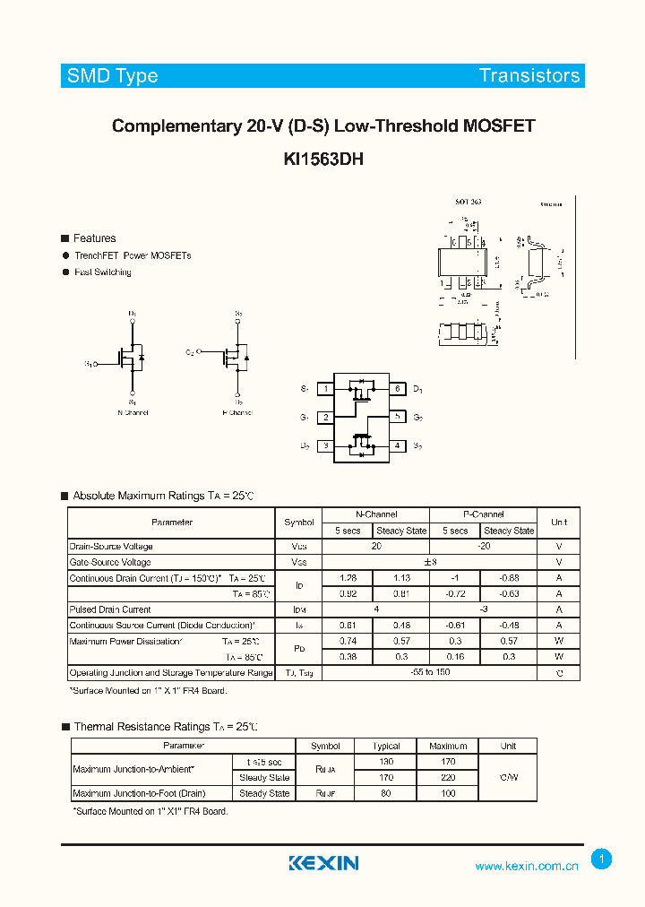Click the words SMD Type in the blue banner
[112, 76]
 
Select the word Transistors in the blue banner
[529, 76]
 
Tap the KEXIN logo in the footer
[323, 863]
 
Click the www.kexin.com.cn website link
[527, 866]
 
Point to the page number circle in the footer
[602, 859]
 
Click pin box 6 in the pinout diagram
[397, 389]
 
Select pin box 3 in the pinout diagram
[326, 445]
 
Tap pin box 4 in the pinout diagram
[397, 445]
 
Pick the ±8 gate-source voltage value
[428, 562]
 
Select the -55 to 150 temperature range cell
[428, 672]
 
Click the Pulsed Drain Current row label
[110, 609]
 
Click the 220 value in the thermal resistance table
[447, 778]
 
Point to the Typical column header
[385, 746]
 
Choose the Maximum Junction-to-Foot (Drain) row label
[140, 793]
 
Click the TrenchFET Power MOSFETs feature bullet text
[133, 255]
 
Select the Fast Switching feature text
[103, 272]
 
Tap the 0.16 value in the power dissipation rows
[455, 656]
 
